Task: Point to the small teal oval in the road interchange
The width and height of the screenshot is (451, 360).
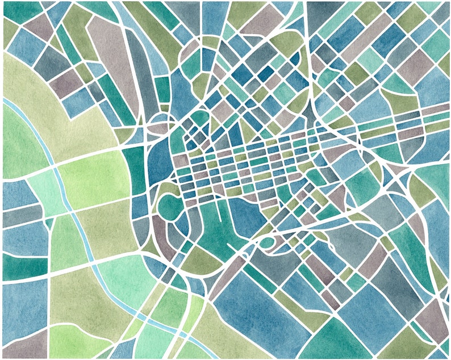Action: pos(265,243)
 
